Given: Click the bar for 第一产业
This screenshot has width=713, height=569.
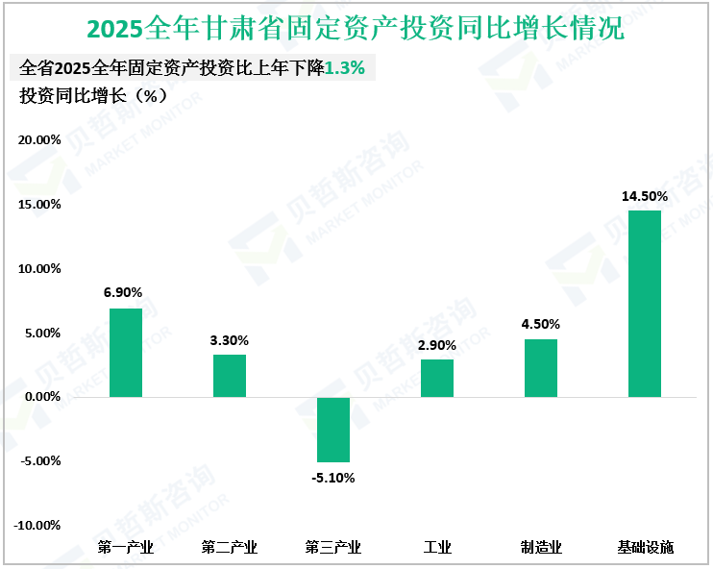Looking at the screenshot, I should (x=126, y=353).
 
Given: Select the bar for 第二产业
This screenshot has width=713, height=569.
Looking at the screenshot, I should (x=230, y=376).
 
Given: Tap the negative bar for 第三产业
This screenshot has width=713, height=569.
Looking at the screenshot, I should (x=333, y=430).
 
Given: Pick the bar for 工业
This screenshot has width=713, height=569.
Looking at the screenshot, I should (x=437, y=378).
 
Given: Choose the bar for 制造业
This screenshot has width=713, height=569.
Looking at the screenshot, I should (x=541, y=368).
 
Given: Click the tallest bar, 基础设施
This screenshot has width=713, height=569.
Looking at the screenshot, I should (x=645, y=304).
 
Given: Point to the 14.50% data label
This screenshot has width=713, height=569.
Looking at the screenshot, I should (x=645, y=196).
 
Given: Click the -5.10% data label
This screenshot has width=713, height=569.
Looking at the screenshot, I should (x=333, y=478).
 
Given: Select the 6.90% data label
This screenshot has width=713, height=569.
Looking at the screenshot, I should (x=126, y=293).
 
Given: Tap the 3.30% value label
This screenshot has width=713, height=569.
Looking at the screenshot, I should (x=230, y=340).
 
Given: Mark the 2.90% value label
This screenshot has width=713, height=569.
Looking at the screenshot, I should (x=437, y=345).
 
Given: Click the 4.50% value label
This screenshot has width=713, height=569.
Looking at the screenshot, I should (x=541, y=324).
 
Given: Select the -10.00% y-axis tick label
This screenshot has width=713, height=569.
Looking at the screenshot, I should (x=37, y=526).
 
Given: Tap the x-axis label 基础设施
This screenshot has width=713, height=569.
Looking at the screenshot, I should (x=645, y=548).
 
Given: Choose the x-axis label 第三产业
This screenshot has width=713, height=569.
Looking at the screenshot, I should (x=333, y=548).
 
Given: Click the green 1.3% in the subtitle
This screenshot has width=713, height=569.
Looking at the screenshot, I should (x=345, y=68).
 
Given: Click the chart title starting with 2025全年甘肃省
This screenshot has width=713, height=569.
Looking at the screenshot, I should (x=356, y=29).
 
